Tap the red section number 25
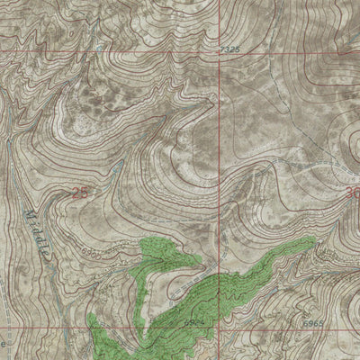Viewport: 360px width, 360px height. pyautogui.click(x=81, y=192)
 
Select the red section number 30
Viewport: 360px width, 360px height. pyautogui.click(x=351, y=192)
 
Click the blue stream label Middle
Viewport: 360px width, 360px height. pyautogui.click(x=38, y=233)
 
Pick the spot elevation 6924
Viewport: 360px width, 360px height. pyautogui.click(x=196, y=321)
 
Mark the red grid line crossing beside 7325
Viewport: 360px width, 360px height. pyautogui.click(x=215, y=51)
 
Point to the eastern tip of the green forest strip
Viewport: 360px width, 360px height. pyautogui.click(x=312, y=241)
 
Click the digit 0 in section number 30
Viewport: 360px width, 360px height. pyautogui.click(x=355, y=192)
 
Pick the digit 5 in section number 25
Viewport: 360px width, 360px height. pyautogui.click(x=85, y=192)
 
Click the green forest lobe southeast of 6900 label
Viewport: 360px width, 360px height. pyautogui.click(x=171, y=256)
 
